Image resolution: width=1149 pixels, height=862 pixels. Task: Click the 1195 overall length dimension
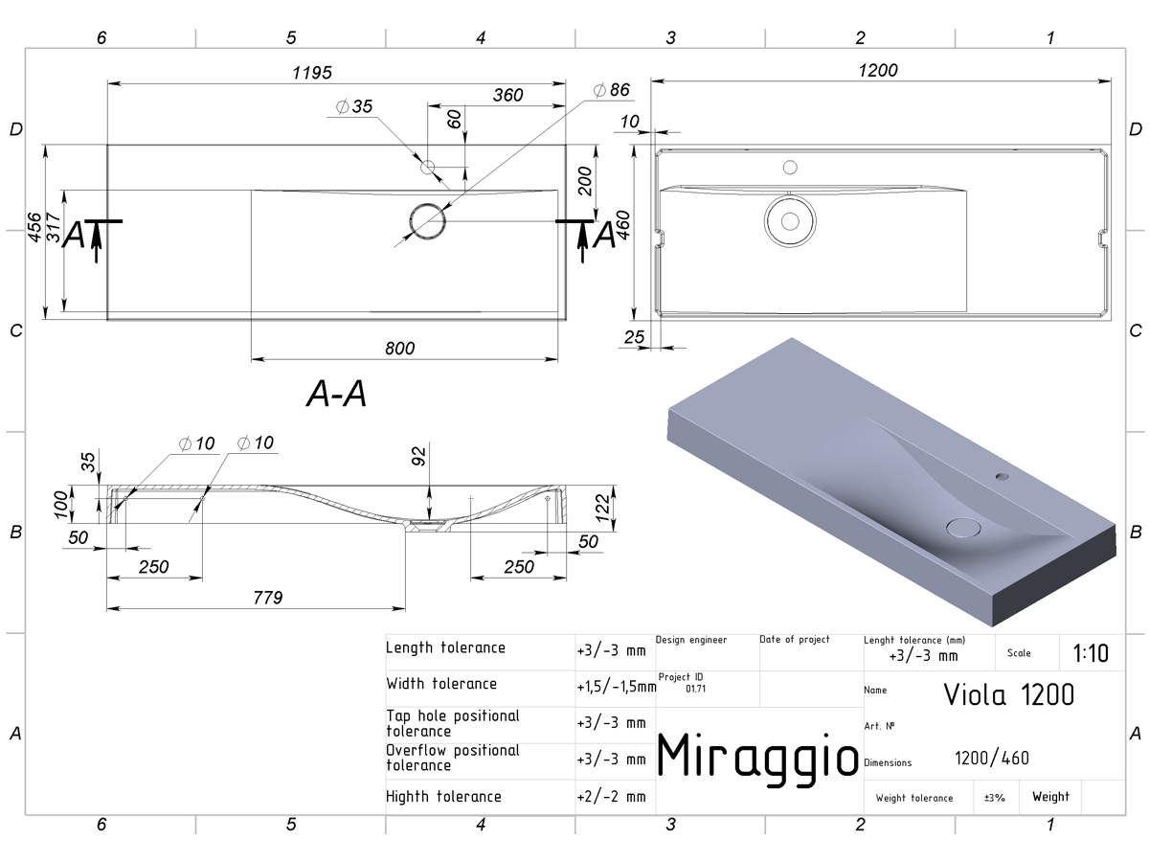312,73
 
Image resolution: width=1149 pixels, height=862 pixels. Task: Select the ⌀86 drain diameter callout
612,90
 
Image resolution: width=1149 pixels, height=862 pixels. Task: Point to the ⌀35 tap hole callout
354,106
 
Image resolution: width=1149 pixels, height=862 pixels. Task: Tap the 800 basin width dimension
400,349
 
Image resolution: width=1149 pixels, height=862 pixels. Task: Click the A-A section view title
337,394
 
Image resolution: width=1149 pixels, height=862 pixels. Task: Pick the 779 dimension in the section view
268,598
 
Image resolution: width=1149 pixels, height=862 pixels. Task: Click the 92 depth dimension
419,456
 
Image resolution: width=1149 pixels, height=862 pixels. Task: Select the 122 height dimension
603,509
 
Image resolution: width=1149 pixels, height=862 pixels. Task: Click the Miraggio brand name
757,758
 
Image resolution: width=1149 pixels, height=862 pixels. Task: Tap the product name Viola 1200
1008,695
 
